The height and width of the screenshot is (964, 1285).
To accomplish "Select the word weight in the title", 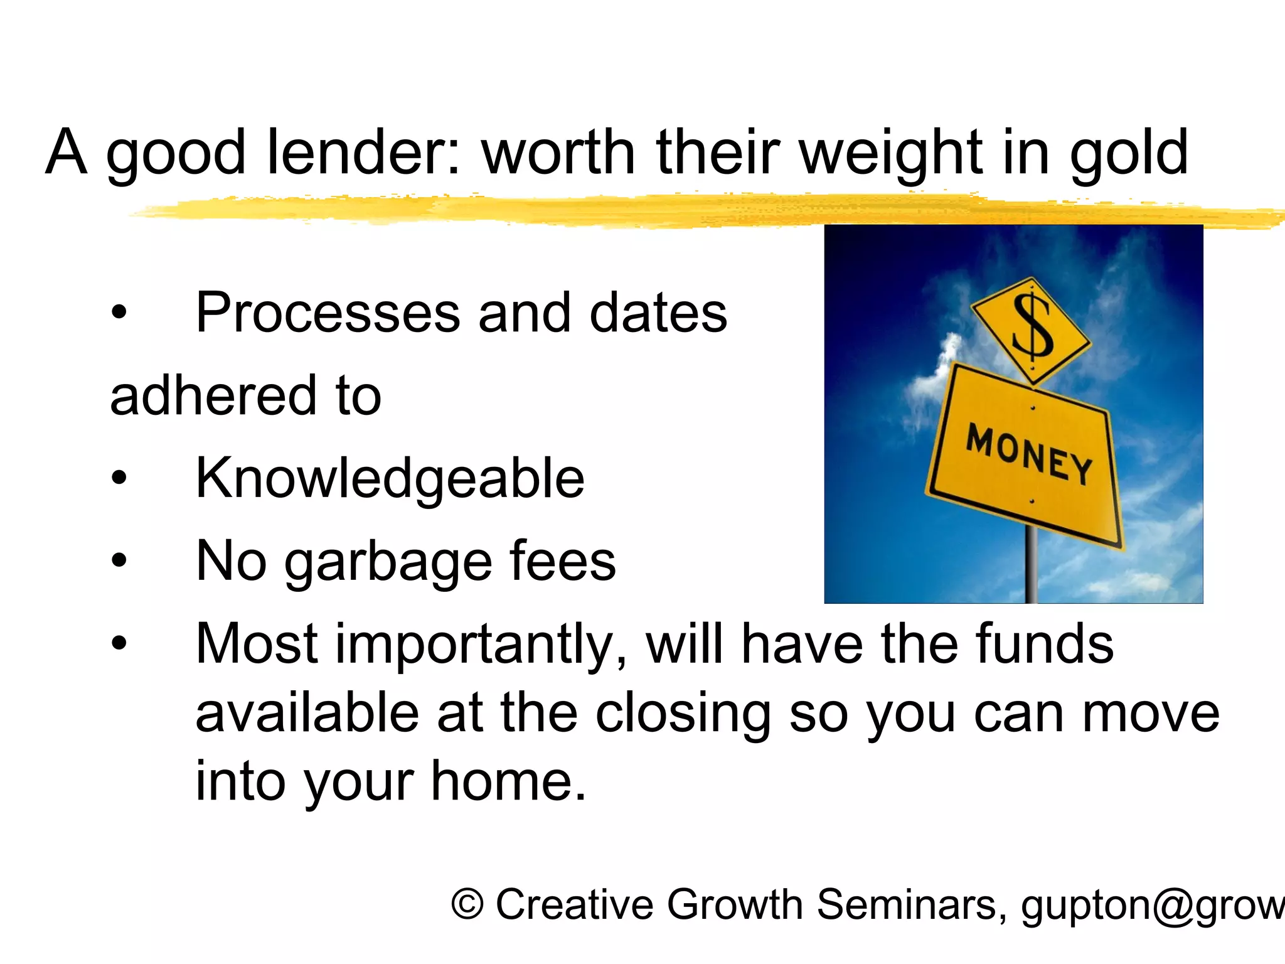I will pos(891,153).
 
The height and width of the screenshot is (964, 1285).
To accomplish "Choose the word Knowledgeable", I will pos(390,478).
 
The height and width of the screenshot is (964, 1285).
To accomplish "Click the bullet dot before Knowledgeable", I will pos(119,479).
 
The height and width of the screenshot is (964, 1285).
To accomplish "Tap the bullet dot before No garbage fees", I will pos(119,560).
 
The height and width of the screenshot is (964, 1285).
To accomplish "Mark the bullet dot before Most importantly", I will pos(119,643).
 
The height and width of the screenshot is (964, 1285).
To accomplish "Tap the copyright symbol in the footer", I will pos(467,905).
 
